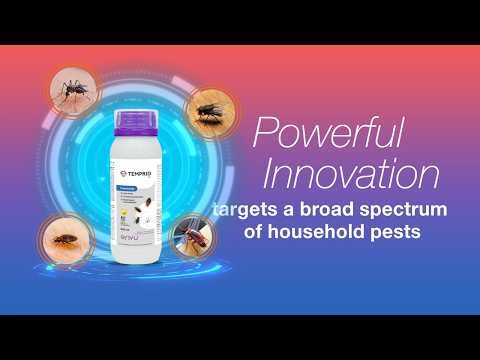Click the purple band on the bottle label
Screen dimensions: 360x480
click(x=135, y=171)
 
